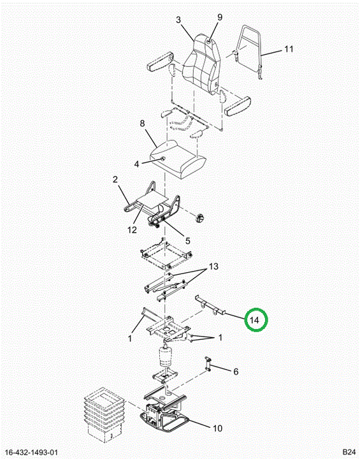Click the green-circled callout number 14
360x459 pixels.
tap(255, 320)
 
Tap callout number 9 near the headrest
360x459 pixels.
tap(220, 17)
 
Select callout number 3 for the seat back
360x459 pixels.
tap(178, 20)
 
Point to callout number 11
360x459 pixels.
tap(289, 49)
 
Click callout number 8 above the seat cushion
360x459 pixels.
tap(142, 123)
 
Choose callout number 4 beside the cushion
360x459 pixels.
tap(136, 164)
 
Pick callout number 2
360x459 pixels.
tap(115, 179)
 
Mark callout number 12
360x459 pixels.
tap(132, 229)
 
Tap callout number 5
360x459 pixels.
tap(187, 240)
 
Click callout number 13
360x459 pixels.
tap(213, 266)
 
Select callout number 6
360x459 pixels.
tap(236, 372)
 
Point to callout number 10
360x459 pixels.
tap(217, 428)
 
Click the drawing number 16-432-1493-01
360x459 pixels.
tap(31, 452)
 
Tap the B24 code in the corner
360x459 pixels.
tap(349, 451)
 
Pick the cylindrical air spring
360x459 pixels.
tap(166, 356)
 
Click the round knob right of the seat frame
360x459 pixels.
tap(200, 218)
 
